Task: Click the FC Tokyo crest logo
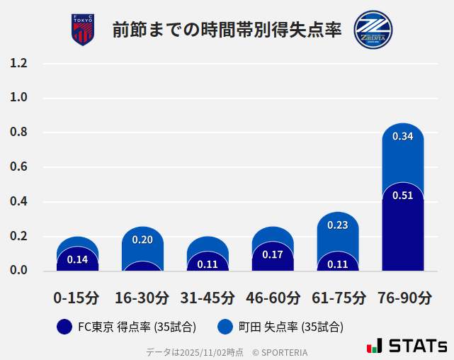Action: click(83, 30)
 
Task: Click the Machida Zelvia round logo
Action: click(373, 30)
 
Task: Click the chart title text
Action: click(227, 30)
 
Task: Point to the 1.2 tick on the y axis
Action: click(18, 64)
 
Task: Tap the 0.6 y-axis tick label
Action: click(18, 167)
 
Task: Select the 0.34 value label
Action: click(402, 136)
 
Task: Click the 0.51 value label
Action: click(402, 196)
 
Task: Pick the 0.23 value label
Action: click(338, 225)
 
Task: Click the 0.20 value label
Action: click(142, 240)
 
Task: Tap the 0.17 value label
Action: click(273, 254)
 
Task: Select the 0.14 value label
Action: click(77, 259)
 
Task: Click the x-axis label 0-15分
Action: click(76, 298)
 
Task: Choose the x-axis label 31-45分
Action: click(208, 298)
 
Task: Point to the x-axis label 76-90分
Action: click(403, 298)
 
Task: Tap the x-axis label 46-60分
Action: click(273, 298)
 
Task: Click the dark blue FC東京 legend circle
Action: click(64, 327)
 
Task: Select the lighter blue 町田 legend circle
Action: click(225, 327)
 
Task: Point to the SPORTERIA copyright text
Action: click(280, 352)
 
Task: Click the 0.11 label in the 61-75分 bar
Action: click(338, 264)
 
